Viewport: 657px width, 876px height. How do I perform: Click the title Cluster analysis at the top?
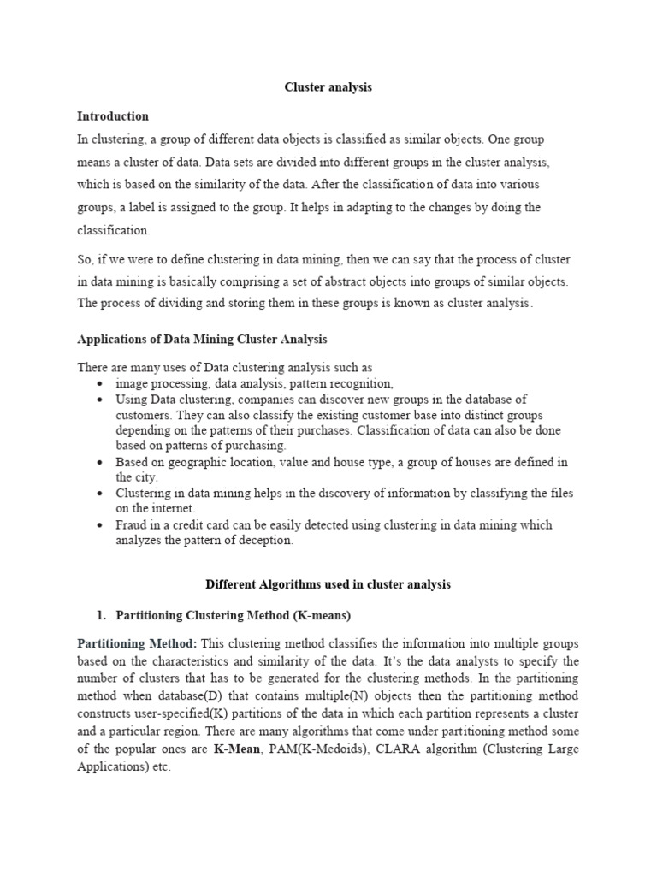[x=328, y=87]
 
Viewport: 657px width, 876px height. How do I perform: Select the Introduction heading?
[x=113, y=115]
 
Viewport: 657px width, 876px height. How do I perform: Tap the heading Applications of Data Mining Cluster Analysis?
[x=202, y=340]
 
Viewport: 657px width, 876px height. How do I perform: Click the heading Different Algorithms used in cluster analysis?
[x=328, y=584]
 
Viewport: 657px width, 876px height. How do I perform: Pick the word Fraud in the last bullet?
[x=131, y=525]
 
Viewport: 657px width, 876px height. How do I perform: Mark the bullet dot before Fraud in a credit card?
[x=101, y=525]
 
